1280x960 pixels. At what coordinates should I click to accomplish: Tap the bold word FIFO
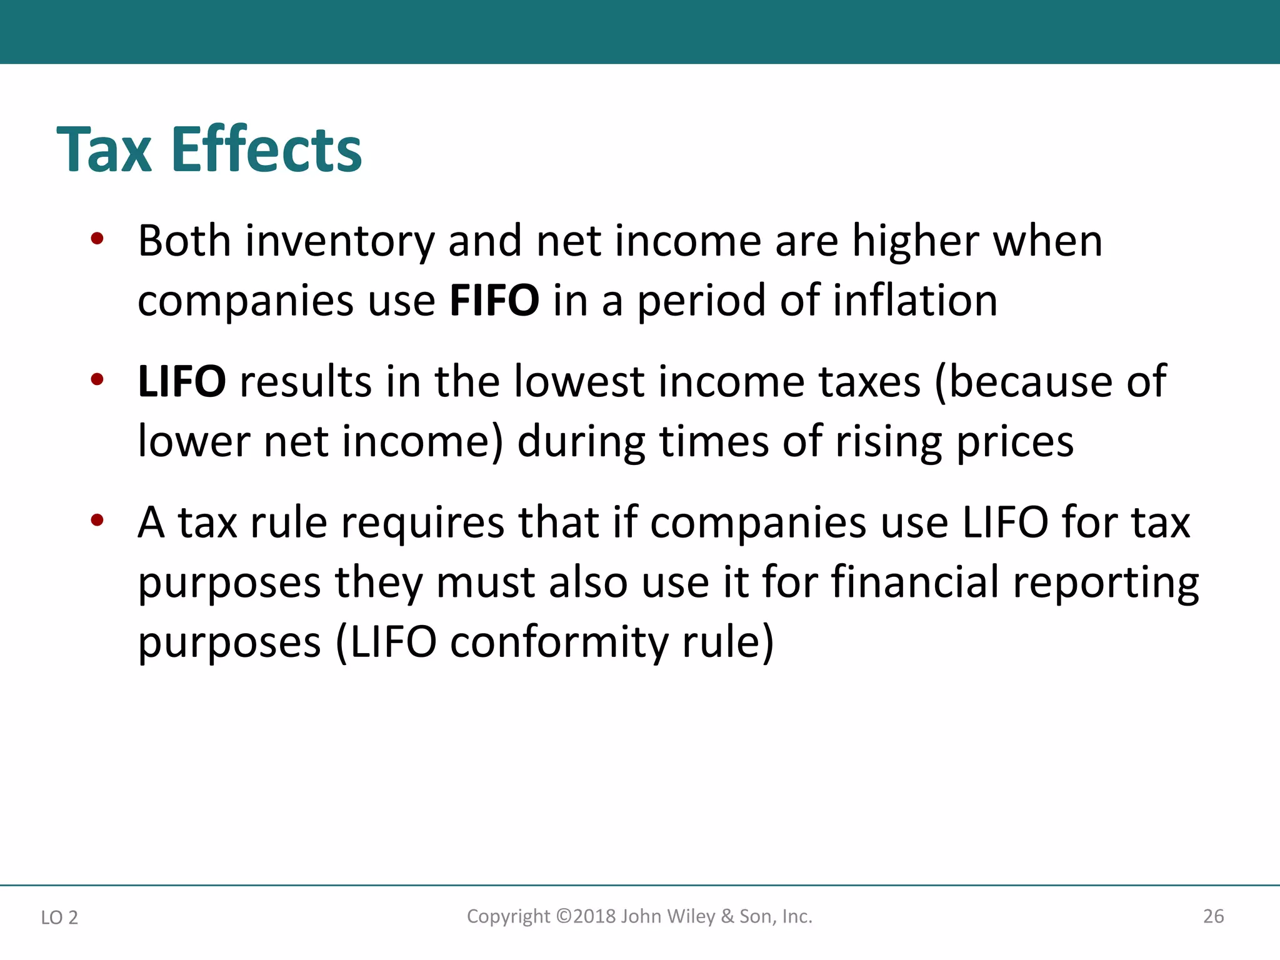(x=494, y=301)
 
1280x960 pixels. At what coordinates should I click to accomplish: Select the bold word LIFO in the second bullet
(x=181, y=381)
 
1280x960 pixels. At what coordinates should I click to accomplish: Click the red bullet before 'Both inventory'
(x=96, y=239)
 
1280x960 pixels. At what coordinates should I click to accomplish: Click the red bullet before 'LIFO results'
(x=96, y=379)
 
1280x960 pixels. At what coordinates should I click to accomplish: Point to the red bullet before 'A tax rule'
(x=96, y=520)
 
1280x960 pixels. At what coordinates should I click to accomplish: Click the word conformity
(x=559, y=643)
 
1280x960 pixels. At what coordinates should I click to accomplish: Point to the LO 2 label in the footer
(x=59, y=917)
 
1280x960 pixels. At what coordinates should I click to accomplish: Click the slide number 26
(x=1213, y=916)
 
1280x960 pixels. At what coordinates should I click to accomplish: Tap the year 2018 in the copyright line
(x=594, y=916)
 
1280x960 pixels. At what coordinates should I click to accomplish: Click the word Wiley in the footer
(x=691, y=916)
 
